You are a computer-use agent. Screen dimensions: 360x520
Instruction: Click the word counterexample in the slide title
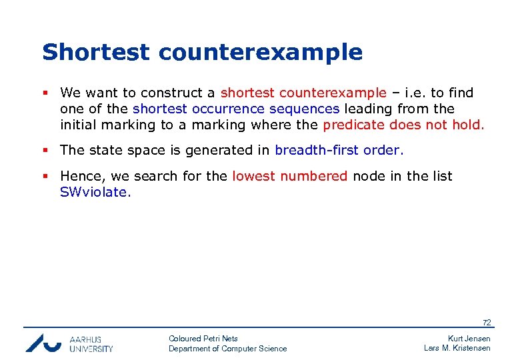coord(254,52)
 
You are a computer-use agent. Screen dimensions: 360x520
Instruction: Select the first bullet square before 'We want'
coord(45,93)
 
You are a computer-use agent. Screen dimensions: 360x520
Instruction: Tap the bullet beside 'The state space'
coord(45,151)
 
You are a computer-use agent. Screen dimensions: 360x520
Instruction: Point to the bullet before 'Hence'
coord(45,177)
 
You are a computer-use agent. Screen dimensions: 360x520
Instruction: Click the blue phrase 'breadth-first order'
coord(339,150)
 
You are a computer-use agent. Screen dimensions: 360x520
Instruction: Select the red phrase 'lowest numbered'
coord(289,176)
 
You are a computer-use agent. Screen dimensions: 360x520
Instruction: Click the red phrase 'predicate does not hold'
coord(403,124)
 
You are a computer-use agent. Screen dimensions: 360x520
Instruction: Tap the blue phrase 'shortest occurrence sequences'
coord(236,109)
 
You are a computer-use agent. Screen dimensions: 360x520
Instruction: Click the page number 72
coord(487,323)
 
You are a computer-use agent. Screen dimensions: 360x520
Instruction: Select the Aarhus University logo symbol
coord(43,342)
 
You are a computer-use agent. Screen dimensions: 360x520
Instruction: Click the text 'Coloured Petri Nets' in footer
coord(203,339)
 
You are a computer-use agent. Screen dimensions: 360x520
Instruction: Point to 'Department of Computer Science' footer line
coord(227,349)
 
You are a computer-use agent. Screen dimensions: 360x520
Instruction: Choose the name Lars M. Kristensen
coord(457,348)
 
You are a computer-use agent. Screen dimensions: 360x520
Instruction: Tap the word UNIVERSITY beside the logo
coord(91,348)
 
